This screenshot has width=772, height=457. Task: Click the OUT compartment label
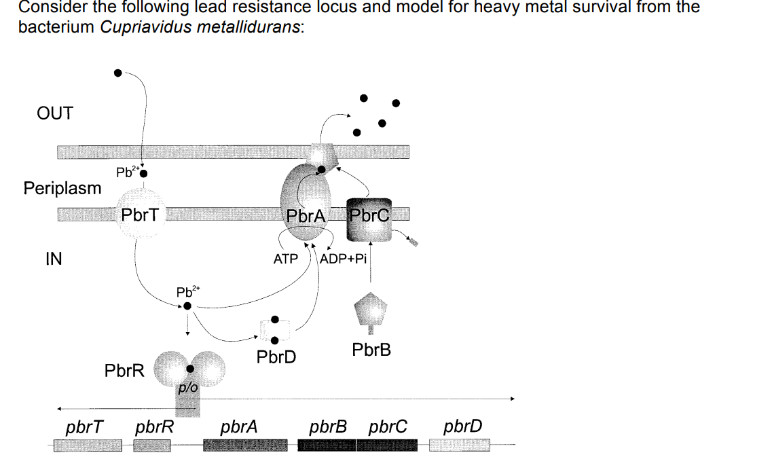pos(54,113)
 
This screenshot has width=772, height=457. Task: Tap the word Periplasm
pos(62,188)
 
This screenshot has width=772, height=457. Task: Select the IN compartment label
pos(53,259)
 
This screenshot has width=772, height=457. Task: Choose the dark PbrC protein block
pos(369,220)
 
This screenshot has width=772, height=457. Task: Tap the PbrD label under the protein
pos(276,357)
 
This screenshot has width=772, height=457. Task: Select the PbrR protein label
pos(124,371)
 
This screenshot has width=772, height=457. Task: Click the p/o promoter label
pos(187,388)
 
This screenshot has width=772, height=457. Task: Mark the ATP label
pos(286,259)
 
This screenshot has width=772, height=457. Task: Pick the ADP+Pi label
pos(343,259)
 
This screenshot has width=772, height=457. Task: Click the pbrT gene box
pos(88,445)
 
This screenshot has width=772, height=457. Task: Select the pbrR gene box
pos(151,445)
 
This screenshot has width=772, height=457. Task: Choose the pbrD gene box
pos(460,445)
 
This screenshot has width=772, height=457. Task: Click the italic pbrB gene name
pos(328,427)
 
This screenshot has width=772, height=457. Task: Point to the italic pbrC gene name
pos(388,427)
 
